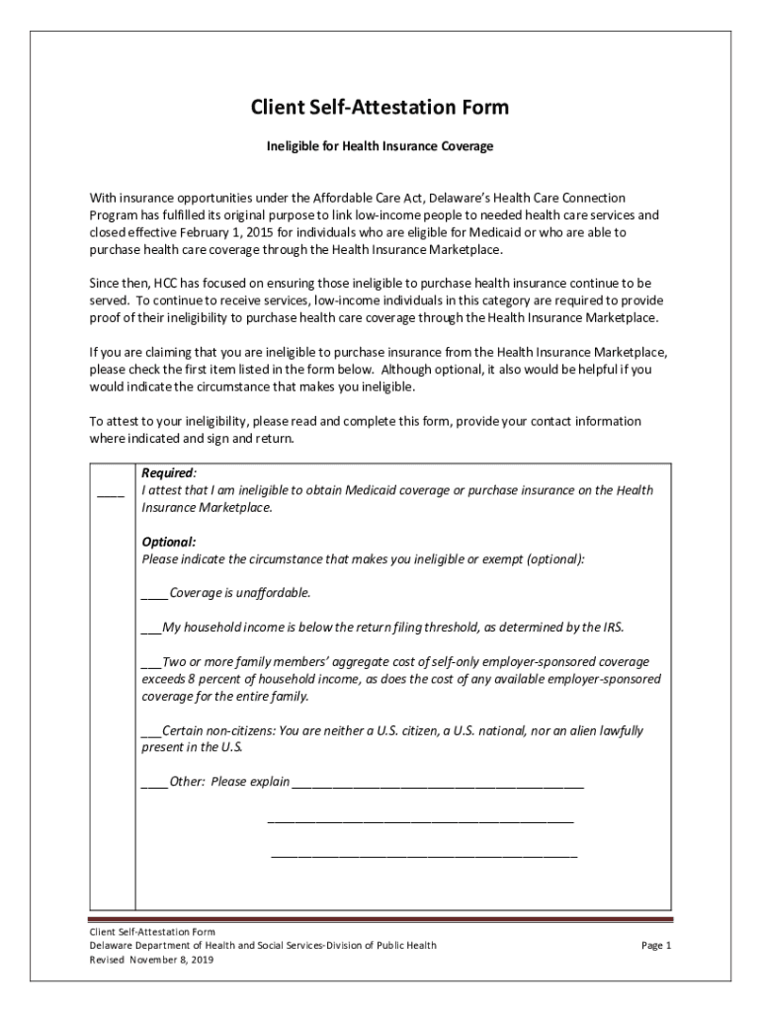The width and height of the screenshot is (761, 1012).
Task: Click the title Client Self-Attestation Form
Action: pyautogui.click(x=380, y=107)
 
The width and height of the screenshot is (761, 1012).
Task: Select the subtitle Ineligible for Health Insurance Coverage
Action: pyautogui.click(x=380, y=146)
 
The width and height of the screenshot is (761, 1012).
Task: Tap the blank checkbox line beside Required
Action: pyautogui.click(x=111, y=491)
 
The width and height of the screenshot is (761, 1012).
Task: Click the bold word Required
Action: pyautogui.click(x=168, y=473)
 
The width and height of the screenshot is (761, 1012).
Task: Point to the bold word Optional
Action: pyautogui.click(x=168, y=542)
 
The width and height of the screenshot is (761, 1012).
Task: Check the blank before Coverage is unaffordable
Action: pyautogui.click(x=154, y=595)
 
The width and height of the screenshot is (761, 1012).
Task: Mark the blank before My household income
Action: pyautogui.click(x=151, y=629)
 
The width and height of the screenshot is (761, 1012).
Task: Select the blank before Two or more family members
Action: pyautogui.click(x=151, y=663)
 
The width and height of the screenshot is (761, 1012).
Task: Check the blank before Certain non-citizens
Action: pyautogui.click(x=151, y=732)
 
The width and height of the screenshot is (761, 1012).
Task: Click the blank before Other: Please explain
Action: pyautogui.click(x=154, y=784)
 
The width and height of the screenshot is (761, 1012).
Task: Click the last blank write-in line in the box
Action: pyautogui.click(x=424, y=854)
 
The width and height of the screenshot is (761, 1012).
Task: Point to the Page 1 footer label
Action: pyautogui.click(x=656, y=946)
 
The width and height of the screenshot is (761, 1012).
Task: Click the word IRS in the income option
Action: pyautogui.click(x=613, y=628)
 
